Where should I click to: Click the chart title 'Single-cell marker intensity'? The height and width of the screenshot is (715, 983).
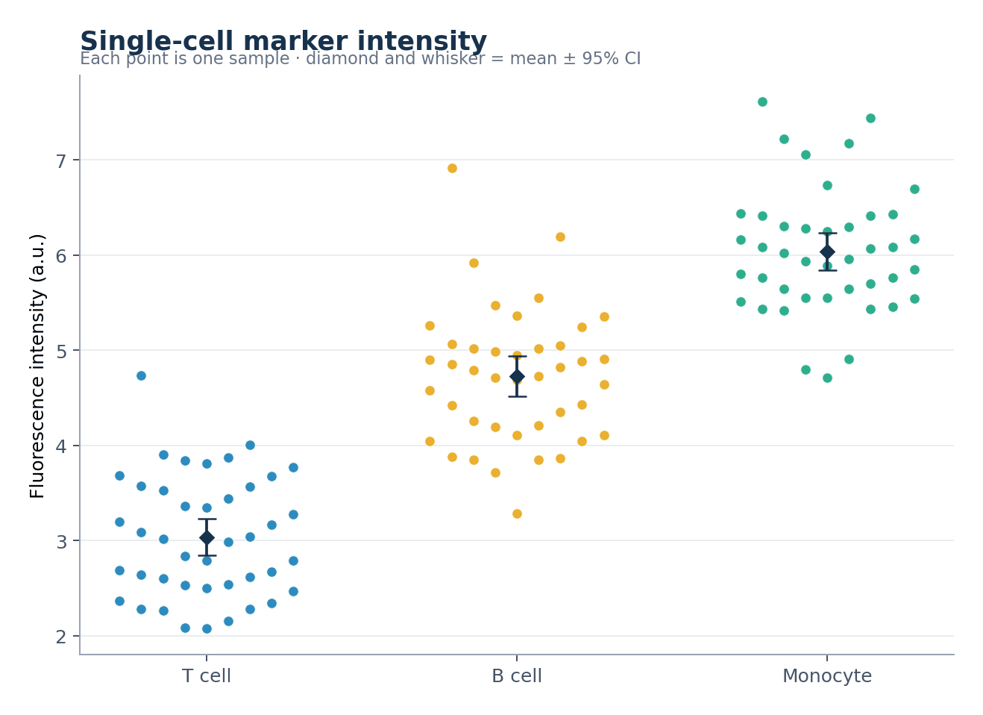tap(283, 42)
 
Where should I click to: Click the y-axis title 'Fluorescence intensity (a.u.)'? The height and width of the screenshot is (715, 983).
tap(37, 366)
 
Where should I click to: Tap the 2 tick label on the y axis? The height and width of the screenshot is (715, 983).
tap(61, 637)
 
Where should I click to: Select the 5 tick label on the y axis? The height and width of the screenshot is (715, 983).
tap(61, 352)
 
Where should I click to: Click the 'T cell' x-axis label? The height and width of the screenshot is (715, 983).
tap(207, 676)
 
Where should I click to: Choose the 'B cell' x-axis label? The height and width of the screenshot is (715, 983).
tap(517, 676)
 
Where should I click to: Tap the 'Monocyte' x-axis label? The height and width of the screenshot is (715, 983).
tap(827, 676)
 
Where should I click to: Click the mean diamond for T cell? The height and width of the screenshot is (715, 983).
tap(207, 538)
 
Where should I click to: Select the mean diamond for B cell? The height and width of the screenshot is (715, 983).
tap(517, 377)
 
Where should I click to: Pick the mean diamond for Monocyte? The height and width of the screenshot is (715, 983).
tap(827, 252)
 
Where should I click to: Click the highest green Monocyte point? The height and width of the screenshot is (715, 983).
tap(762, 102)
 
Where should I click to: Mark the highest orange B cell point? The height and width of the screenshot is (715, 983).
tap(452, 168)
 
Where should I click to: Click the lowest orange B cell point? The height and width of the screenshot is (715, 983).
tap(517, 513)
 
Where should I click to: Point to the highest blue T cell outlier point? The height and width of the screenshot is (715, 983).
tap(141, 376)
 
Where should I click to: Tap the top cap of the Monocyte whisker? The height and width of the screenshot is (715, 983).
tap(827, 233)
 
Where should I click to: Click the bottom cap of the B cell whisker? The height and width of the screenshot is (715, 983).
tap(517, 397)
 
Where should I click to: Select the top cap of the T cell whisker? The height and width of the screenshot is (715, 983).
tap(207, 519)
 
